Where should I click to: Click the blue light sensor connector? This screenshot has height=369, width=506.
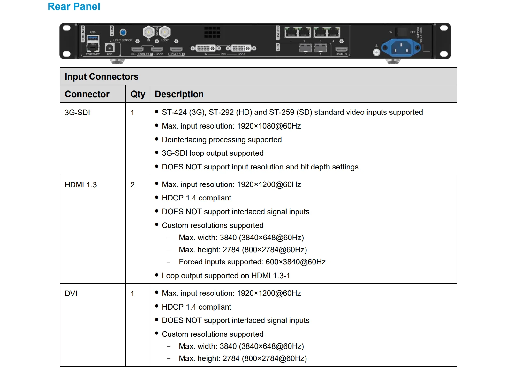(x=123, y=32)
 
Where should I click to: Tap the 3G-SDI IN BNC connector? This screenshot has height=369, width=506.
(x=148, y=32)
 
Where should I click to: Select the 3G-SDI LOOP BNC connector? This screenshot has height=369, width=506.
(x=165, y=32)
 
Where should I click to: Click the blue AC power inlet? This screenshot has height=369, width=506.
(x=401, y=48)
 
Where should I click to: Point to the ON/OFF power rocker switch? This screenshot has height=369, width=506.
(x=401, y=32)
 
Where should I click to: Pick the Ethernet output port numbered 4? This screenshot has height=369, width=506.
(x=333, y=32)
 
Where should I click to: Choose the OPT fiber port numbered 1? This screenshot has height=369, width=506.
(x=306, y=48)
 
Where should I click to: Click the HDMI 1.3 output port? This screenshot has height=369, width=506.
(x=341, y=49)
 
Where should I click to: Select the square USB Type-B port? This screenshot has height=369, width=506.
(x=110, y=48)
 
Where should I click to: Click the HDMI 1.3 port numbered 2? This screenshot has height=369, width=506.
(x=176, y=49)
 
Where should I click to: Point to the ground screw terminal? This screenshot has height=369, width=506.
(x=376, y=52)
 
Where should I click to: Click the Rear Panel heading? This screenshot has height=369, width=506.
(x=74, y=6)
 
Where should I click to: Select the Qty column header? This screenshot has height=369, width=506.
(x=138, y=94)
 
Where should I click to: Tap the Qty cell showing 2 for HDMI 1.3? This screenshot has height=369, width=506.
(x=132, y=185)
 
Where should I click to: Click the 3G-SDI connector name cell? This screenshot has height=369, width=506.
(x=77, y=113)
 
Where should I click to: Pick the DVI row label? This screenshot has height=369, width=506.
(x=71, y=294)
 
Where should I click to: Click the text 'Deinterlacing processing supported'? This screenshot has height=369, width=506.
(x=222, y=140)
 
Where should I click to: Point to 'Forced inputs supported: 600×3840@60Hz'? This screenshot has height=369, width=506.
(x=252, y=262)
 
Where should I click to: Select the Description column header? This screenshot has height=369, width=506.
(x=179, y=94)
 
